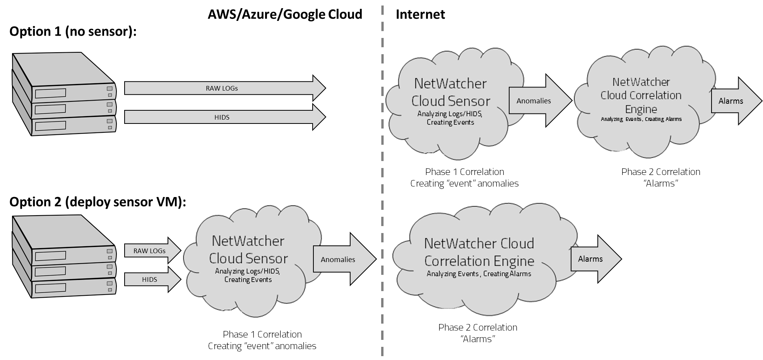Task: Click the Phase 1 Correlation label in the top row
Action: (x=464, y=172)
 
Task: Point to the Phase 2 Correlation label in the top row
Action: (x=660, y=172)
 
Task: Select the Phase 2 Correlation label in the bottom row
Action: (x=477, y=327)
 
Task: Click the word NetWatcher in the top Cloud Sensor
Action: (x=450, y=84)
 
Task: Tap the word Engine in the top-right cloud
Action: (x=641, y=109)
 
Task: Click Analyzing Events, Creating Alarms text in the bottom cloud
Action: (x=479, y=274)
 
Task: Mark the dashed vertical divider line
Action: (x=382, y=186)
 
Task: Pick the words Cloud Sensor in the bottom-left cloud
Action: (x=248, y=259)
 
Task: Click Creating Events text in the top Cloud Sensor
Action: (x=450, y=122)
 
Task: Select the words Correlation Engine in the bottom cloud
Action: (x=479, y=261)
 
